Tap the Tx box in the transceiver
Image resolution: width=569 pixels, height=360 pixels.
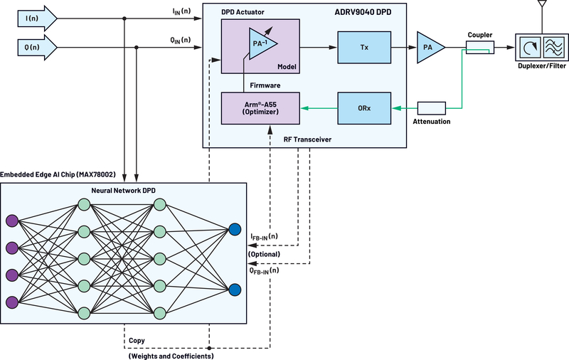(x=363, y=47)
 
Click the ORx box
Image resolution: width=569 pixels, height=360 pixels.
(x=363, y=108)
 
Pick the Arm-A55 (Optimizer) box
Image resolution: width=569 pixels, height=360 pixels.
(x=260, y=108)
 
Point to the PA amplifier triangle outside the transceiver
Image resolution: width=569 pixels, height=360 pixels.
(x=430, y=47)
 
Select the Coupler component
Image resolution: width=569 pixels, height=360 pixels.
(x=480, y=47)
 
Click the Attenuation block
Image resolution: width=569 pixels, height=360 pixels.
(x=431, y=108)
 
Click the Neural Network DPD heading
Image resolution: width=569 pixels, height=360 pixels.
(x=124, y=191)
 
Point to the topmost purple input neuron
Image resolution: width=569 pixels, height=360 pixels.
(x=11, y=221)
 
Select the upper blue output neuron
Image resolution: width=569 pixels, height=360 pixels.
(x=235, y=229)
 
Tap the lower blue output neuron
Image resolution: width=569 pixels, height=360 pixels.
(x=235, y=289)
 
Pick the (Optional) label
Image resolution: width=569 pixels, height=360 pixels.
(x=264, y=254)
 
